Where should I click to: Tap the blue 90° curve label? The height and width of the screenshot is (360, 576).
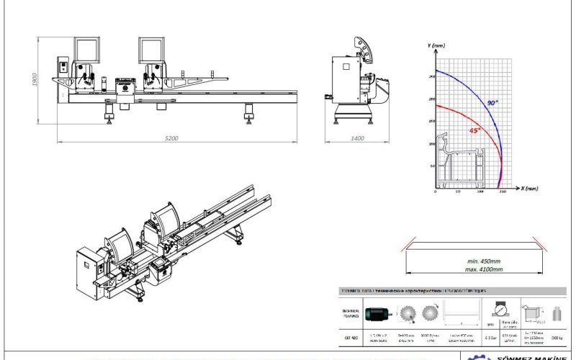tap(491, 104)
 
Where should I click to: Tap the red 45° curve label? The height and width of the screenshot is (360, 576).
tap(474, 130)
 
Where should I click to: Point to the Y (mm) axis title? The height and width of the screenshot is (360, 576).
tap(436, 45)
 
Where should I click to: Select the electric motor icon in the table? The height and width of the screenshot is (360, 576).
tap(378, 313)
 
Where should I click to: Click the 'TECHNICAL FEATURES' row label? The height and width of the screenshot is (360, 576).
tap(350, 313)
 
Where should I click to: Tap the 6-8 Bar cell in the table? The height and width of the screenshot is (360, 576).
tap(490, 336)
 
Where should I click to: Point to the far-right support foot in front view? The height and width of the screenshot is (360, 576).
tap(248, 110)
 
